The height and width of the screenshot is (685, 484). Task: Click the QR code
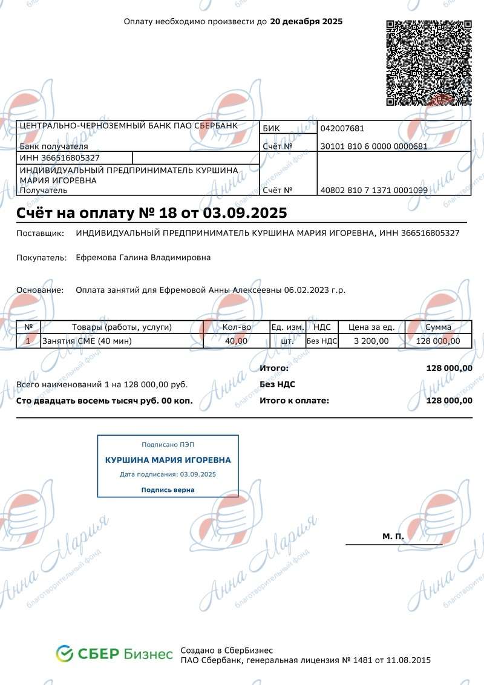tap(428, 63)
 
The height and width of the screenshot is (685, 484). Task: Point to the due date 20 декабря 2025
tap(306, 22)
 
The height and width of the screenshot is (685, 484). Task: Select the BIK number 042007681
tap(342, 128)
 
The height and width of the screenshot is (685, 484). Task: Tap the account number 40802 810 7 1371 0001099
tap(374, 190)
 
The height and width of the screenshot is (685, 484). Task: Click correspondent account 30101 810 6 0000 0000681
tap(374, 146)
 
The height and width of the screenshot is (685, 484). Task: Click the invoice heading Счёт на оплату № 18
tap(151, 213)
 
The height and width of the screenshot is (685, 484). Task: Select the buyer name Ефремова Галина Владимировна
tap(143, 258)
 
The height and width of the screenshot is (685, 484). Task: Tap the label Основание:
tap(40, 290)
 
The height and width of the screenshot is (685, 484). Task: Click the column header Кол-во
tap(237, 327)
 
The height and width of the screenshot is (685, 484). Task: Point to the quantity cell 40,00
tap(236, 341)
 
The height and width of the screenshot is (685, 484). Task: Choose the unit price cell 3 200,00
tap(371, 341)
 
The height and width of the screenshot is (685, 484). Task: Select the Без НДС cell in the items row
tap(322, 341)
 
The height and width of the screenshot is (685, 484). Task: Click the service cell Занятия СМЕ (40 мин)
tap(87, 341)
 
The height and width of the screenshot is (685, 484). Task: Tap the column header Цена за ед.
tap(371, 327)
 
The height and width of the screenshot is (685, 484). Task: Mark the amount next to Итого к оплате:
tap(449, 401)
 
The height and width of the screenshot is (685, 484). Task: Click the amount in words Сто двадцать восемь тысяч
tap(105, 401)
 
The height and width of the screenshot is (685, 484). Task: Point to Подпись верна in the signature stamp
tap(168, 490)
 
